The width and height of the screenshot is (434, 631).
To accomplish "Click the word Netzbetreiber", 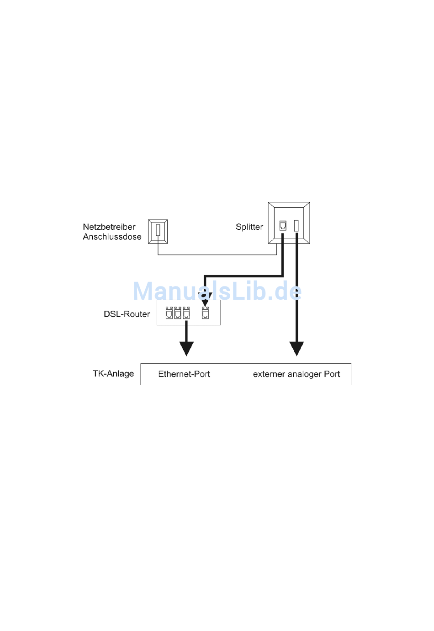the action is tap(109, 227).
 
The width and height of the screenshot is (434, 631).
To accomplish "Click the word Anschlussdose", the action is tap(112, 237).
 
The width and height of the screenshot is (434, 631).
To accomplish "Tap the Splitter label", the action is tap(249, 227).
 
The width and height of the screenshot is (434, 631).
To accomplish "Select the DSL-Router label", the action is tap(127, 314).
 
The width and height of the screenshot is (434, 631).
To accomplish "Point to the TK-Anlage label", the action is tap(113, 374).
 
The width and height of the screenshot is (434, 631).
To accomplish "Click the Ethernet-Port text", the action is tap(184, 374).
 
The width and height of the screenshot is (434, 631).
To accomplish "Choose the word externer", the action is tap(269, 374).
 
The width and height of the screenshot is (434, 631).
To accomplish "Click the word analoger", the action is tap(305, 374).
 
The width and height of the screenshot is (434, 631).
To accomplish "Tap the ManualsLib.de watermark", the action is tap(217, 291).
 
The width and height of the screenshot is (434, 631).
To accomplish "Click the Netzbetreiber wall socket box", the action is tap(158, 231).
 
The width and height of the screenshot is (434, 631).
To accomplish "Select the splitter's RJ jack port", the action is tap(283, 226).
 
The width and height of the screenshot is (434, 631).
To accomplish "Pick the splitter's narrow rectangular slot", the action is tap(296, 226).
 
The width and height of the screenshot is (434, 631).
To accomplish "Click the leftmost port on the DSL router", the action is tap(169, 313).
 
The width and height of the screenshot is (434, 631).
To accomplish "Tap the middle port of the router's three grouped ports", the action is tap(178, 313).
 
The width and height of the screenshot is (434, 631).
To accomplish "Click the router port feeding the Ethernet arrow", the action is tap(186, 313).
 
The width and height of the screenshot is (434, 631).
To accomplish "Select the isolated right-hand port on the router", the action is tap(206, 313).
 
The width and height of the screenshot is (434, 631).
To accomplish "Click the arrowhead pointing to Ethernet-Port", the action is tap(186, 349).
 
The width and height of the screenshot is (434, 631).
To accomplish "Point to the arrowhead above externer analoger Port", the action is tap(296, 349).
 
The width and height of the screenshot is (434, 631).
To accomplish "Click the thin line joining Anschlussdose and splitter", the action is tap(217, 255).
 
